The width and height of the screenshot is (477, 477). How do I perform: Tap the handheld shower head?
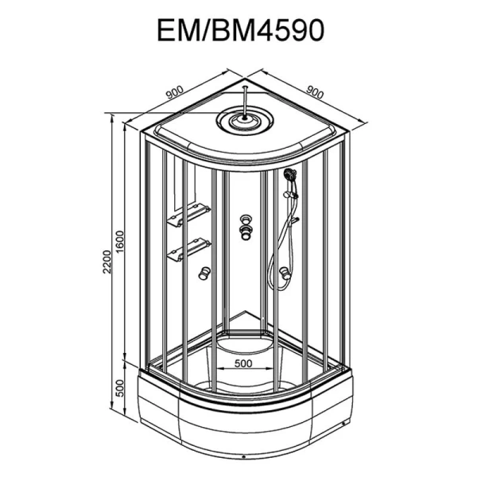(289, 174)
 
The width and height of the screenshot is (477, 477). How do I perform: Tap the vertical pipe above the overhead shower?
(247, 99)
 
